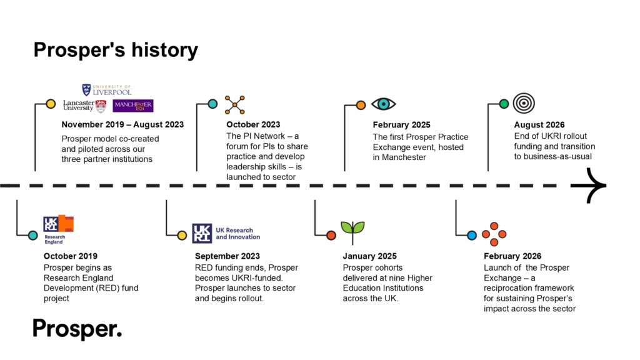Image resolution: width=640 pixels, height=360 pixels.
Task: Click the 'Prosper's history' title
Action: (x=116, y=50)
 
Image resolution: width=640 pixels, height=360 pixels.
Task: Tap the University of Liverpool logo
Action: (x=106, y=90)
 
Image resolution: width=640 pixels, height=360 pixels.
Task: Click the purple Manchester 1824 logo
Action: (x=133, y=106)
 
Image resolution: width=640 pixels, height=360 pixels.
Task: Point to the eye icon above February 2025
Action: (x=383, y=104)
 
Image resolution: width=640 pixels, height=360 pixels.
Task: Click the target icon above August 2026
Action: (x=523, y=104)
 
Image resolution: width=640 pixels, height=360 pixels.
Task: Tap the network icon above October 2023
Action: (x=235, y=104)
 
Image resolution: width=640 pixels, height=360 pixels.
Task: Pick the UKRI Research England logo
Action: (x=58, y=229)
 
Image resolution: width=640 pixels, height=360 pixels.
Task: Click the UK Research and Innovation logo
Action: (x=226, y=233)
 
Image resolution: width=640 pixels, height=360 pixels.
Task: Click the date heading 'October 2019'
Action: (x=71, y=256)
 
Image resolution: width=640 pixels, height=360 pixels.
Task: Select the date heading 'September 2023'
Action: (x=227, y=256)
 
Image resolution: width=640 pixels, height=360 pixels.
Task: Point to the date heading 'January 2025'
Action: (x=369, y=256)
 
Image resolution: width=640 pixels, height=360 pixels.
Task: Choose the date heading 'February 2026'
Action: (x=512, y=256)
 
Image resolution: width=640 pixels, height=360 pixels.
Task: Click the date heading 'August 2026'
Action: (x=539, y=125)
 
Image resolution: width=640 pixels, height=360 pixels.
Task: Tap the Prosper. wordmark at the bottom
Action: (x=77, y=329)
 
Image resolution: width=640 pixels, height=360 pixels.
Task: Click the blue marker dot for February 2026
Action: (x=472, y=236)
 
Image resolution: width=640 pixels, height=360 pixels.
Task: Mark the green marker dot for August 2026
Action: (x=504, y=104)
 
